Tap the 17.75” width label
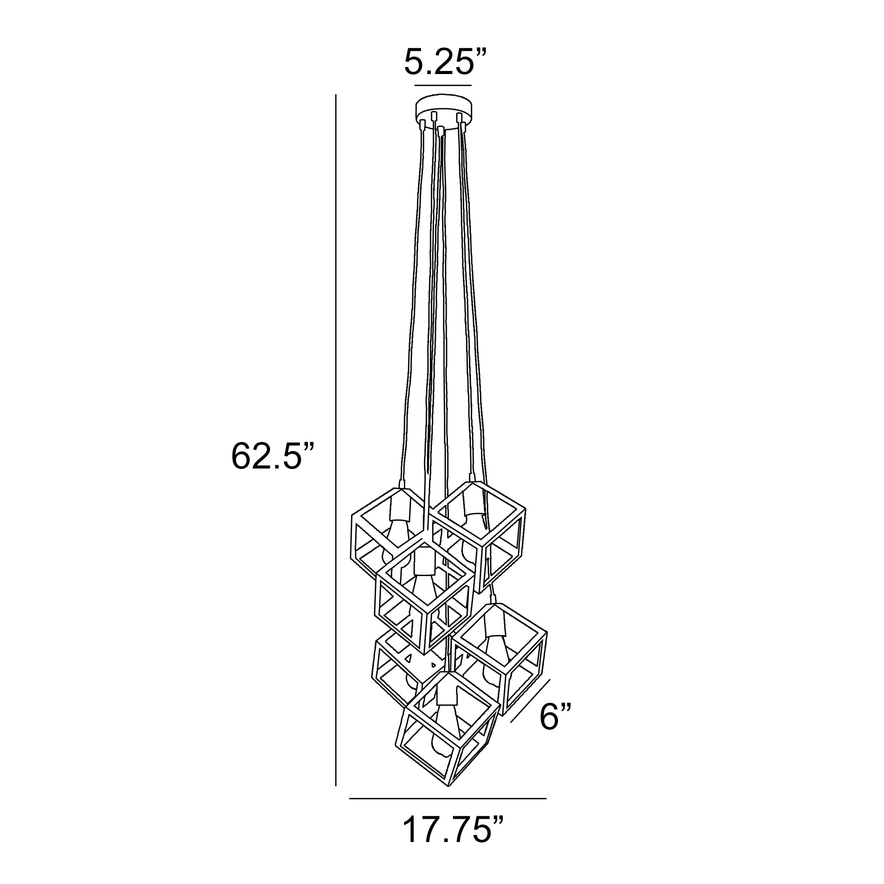(453, 829)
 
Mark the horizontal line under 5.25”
(443, 85)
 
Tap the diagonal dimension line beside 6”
(530, 707)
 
